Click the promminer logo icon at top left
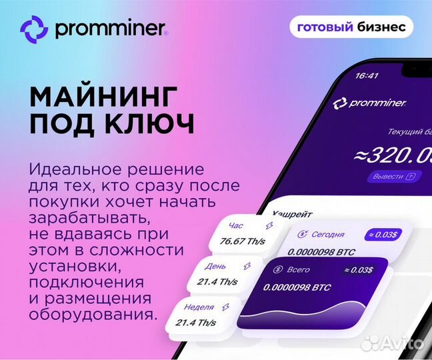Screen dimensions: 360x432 pos(34,29)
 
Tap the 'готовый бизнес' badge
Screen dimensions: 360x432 pos(351,27)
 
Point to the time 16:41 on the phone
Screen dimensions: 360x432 pos(367,75)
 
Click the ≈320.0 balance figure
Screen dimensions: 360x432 pos(393,155)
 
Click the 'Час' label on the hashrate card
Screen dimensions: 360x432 pos(236,225)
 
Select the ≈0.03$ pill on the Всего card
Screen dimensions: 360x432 pos(359,269)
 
